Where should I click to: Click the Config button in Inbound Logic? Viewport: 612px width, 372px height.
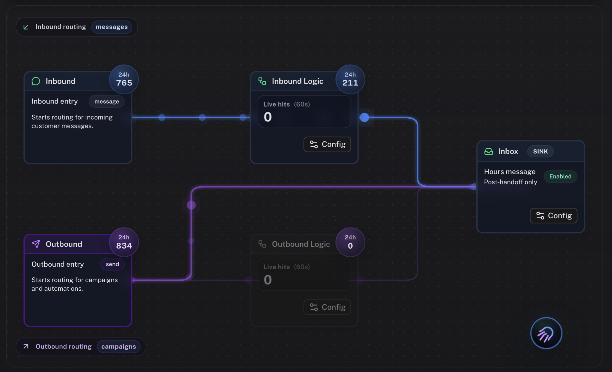point(327,144)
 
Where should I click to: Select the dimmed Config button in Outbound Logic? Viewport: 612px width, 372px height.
point(327,307)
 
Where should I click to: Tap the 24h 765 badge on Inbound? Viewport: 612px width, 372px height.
point(124,80)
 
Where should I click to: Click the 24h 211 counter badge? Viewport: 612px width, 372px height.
point(350,80)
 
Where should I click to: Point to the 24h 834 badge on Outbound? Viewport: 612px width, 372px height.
point(124,242)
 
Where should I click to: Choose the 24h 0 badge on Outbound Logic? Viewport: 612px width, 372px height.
point(350,242)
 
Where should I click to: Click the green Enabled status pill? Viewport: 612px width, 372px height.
point(560,177)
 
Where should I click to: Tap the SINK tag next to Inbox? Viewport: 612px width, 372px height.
point(540,152)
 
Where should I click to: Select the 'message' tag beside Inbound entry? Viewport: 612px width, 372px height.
point(107,102)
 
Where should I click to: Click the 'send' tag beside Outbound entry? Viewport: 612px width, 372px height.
point(112,264)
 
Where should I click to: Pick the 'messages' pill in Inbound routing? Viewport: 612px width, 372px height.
point(112,27)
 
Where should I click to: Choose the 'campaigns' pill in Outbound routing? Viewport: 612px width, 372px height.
point(118,346)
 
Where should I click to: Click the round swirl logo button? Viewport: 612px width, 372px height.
point(546,333)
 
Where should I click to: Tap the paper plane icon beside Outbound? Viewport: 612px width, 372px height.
point(36,244)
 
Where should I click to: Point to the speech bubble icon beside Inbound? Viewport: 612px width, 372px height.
point(36,81)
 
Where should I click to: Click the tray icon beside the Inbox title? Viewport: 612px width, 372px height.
point(489,152)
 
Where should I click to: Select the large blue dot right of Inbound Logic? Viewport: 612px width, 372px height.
point(364,117)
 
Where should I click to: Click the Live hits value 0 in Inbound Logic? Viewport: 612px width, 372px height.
point(268,117)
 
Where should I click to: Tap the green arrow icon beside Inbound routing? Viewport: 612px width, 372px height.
point(26,27)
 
